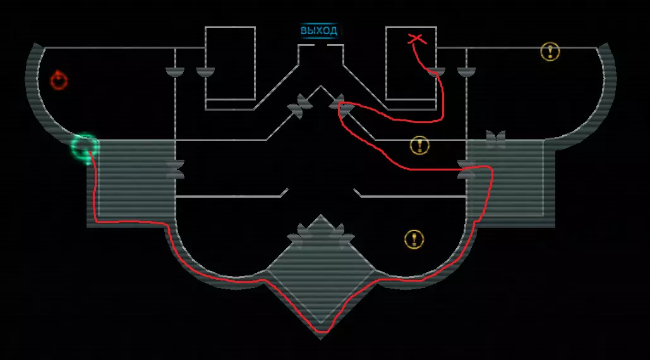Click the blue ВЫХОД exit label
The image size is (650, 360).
click(x=319, y=31)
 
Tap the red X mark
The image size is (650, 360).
click(x=416, y=39)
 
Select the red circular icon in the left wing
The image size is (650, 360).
click(x=59, y=80)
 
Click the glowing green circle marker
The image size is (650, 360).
click(x=85, y=147)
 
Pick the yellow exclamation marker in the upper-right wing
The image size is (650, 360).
click(x=550, y=52)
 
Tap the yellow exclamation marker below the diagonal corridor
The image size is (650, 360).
click(x=419, y=145)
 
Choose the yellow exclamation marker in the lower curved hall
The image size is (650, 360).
click(x=414, y=239)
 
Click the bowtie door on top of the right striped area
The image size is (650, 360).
click(x=496, y=139)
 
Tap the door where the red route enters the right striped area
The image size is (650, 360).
click(x=467, y=169)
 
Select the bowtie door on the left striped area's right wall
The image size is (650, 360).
click(x=176, y=169)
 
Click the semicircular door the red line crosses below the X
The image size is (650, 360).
click(x=436, y=72)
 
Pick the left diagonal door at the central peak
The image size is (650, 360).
click(x=299, y=106)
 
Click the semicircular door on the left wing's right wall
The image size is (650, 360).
click(x=175, y=72)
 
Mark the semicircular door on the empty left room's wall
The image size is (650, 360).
click(x=205, y=72)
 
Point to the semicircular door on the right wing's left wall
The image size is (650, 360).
click(x=466, y=72)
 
